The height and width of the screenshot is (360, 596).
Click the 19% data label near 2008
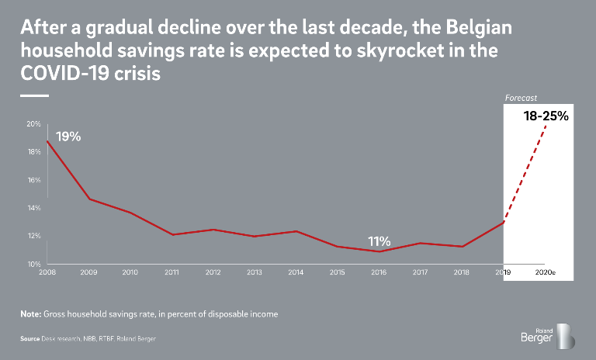(68, 137)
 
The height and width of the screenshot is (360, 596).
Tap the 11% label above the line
(379, 241)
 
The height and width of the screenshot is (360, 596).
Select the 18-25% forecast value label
(546, 117)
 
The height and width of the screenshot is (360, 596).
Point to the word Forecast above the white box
(521, 99)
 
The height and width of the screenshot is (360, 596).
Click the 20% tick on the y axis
(33, 124)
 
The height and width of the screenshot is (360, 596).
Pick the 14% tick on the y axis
(33, 208)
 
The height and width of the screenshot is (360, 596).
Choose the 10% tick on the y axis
(33, 265)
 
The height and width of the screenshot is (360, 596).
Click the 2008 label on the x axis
(47, 273)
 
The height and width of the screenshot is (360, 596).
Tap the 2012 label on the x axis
(212, 273)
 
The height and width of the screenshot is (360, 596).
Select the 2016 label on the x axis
(378, 273)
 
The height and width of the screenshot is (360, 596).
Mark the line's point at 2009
(88, 199)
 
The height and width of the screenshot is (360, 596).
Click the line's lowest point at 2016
(378, 251)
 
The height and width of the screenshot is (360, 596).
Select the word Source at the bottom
(30, 340)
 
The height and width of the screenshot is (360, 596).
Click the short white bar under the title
(34, 95)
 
